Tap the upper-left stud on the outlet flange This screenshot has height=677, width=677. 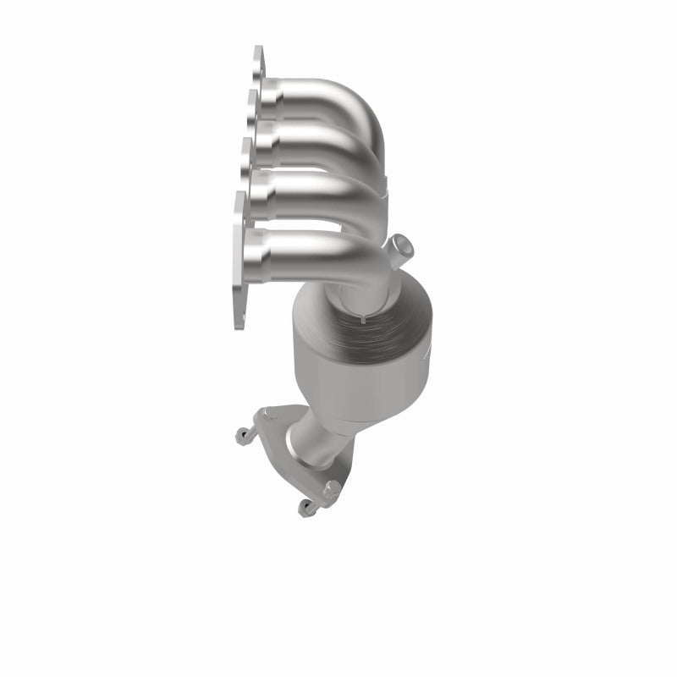pos(240,437)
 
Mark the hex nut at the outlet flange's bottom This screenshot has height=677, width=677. pos(332,488)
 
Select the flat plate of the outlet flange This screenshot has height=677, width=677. pos(292,461)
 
